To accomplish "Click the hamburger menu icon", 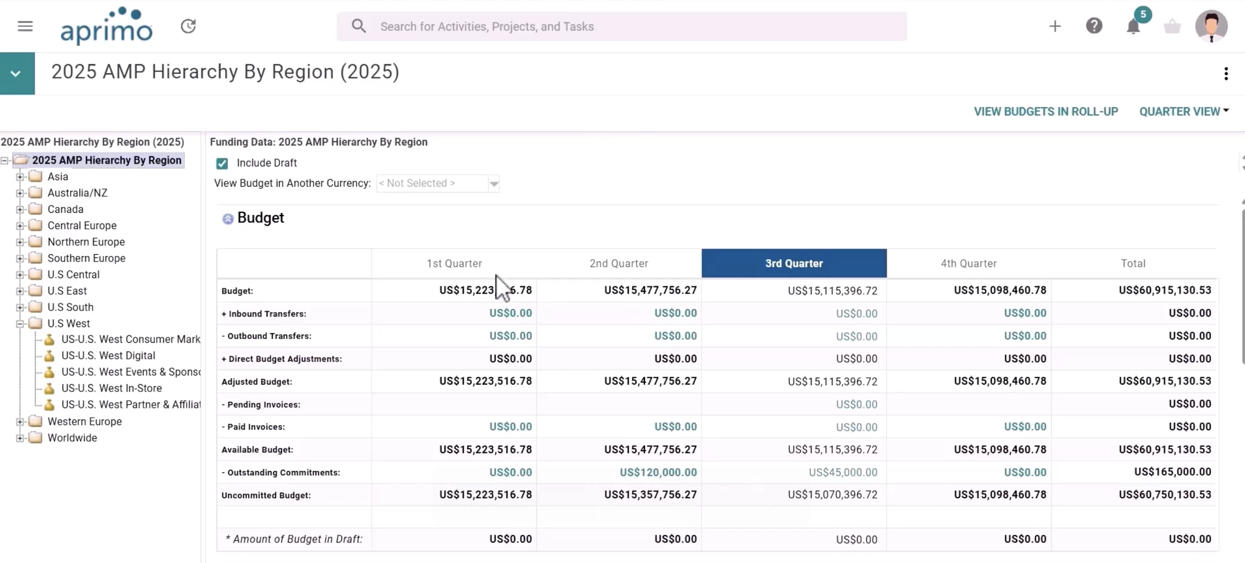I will pyautogui.click(x=25, y=26).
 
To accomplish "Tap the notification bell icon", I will pyautogui.click(x=1133, y=26).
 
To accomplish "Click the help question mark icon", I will pyautogui.click(x=1094, y=26).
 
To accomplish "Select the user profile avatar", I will pyautogui.click(x=1211, y=26).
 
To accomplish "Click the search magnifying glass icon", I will pyautogui.click(x=358, y=26).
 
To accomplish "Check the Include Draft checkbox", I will pyautogui.click(x=222, y=164).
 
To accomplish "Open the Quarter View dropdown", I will pyautogui.click(x=1184, y=112).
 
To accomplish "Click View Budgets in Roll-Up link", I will pyautogui.click(x=1046, y=112).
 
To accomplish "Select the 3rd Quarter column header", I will pyautogui.click(x=793, y=263).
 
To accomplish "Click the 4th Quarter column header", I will pyautogui.click(x=969, y=263).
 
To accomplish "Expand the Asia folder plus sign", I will pyautogui.click(x=20, y=177).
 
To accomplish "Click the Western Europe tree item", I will pyautogui.click(x=84, y=421).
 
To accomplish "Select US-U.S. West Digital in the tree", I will pyautogui.click(x=108, y=356).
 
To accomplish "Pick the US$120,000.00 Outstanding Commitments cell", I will pyautogui.click(x=658, y=472).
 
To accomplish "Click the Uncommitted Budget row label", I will pyautogui.click(x=266, y=496).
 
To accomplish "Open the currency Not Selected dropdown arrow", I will pyautogui.click(x=494, y=184).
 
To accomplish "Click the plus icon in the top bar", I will pyautogui.click(x=1055, y=26).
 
